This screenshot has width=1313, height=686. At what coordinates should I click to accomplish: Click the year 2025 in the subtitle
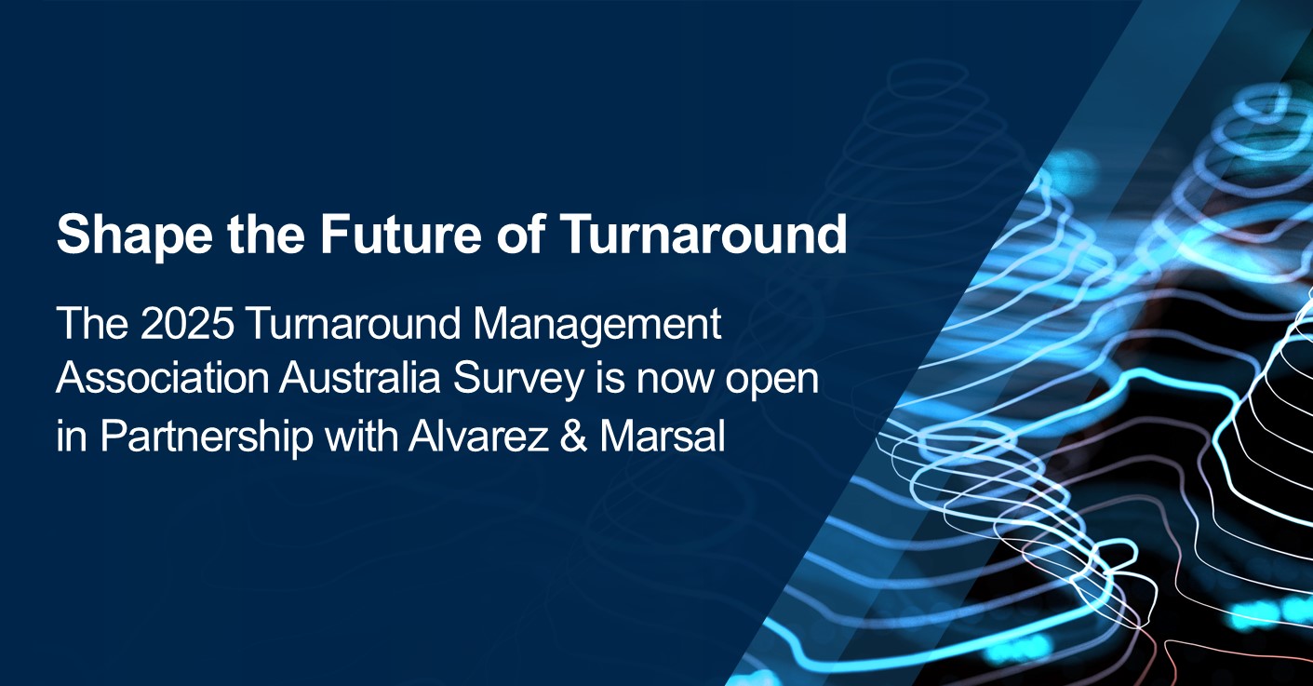(x=187, y=323)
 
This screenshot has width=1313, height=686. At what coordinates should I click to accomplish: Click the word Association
(x=162, y=379)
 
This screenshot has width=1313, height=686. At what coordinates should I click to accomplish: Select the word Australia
(x=359, y=379)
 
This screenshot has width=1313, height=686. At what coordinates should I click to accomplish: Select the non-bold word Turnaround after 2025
(x=354, y=323)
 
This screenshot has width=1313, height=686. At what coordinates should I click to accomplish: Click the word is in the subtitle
(x=611, y=379)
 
